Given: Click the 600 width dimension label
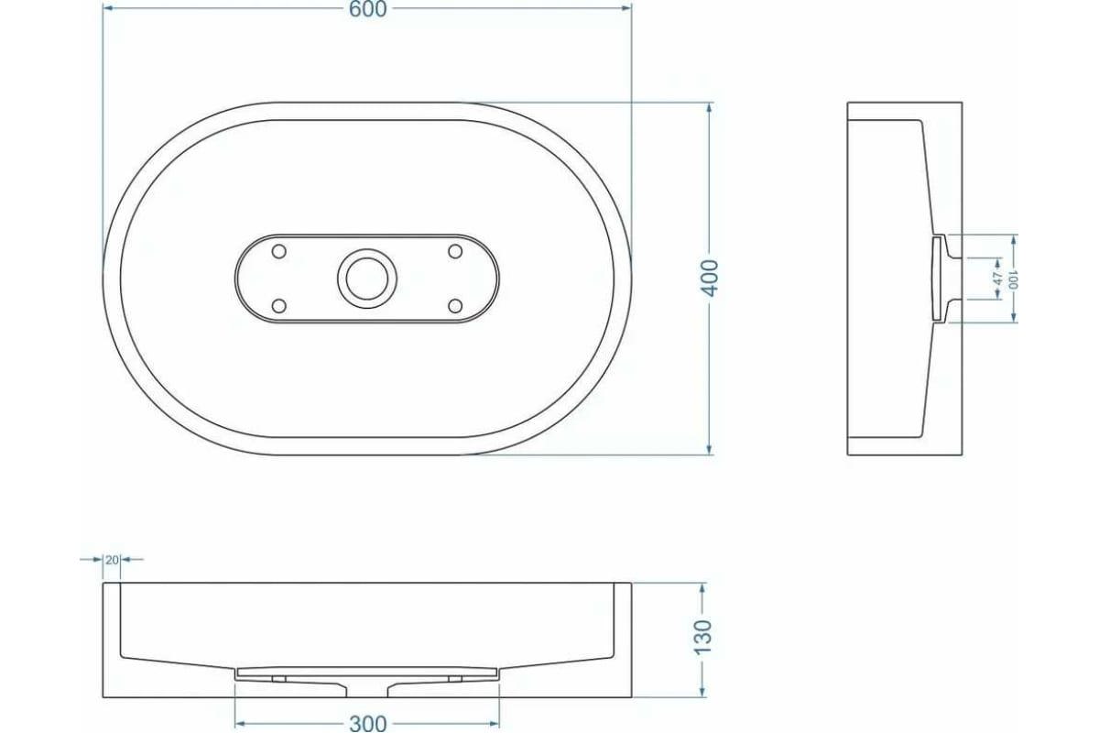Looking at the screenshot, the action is point(368,9).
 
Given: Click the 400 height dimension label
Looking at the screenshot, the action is point(711,279).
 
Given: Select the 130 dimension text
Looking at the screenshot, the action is point(703,637).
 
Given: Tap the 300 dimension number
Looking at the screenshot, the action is point(368,724).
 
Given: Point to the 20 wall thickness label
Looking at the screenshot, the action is point(112,560).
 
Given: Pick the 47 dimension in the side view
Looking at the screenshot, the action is point(998,279).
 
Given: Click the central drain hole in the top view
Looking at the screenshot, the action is point(367,279).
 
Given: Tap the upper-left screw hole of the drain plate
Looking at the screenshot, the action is point(278,251).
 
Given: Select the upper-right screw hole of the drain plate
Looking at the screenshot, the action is point(455,251).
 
